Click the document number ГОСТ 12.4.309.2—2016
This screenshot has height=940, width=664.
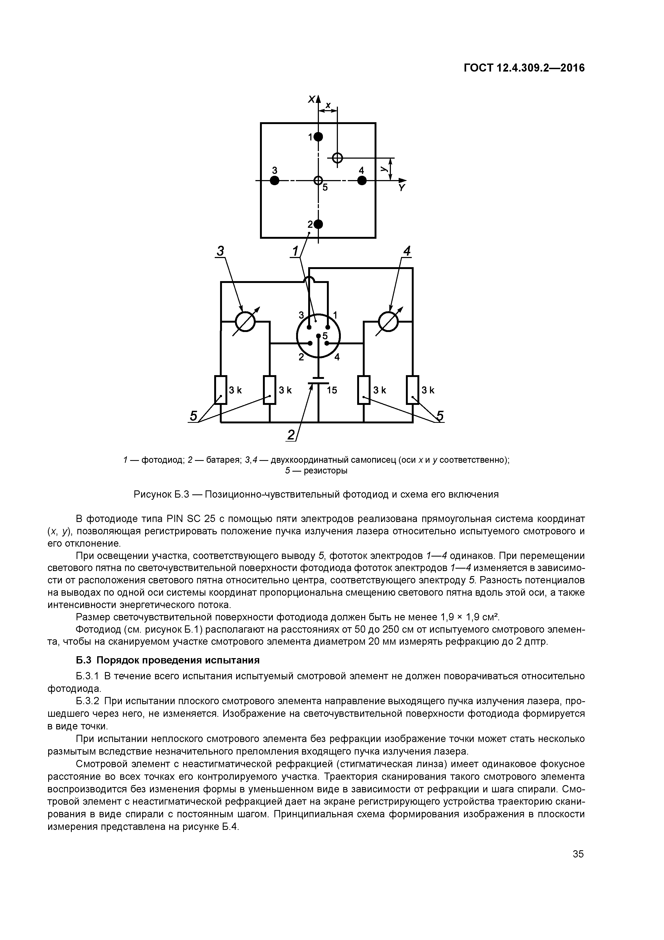coord(524,68)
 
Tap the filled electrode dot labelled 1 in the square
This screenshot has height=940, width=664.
coord(318,137)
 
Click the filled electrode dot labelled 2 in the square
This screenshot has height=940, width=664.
coord(318,224)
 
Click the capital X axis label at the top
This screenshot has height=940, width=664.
coord(312,99)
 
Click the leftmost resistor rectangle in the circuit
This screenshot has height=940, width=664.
coord(221,390)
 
